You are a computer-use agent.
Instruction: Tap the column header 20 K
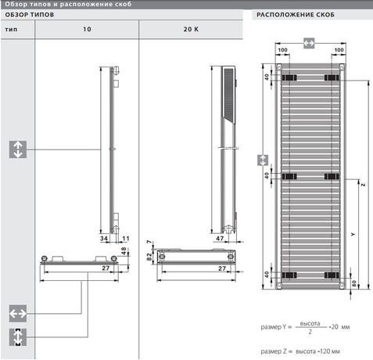click(x=191, y=29)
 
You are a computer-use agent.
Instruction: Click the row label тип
click(x=11, y=29)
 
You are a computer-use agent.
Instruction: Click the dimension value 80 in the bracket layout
click(x=354, y=283)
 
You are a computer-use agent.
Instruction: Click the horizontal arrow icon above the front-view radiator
click(x=308, y=41)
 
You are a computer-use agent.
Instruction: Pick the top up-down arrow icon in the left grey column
click(x=17, y=149)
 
